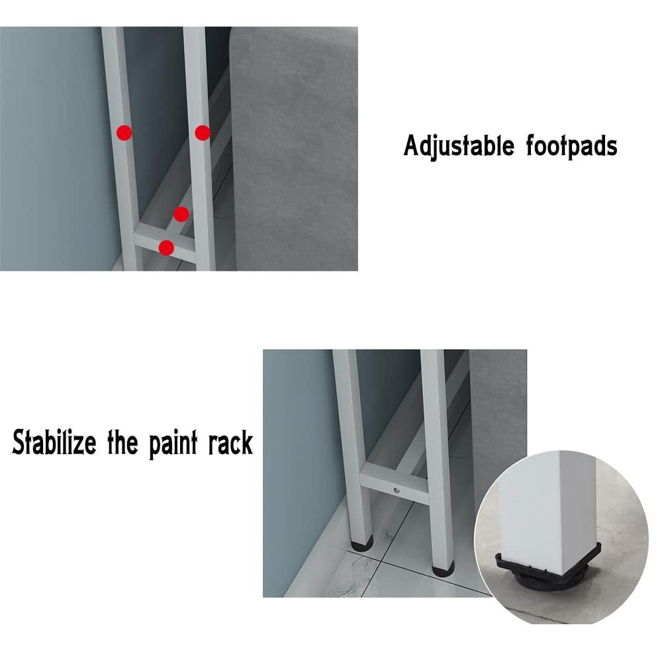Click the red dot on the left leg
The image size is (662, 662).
click(124, 132)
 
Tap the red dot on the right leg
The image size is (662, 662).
click(203, 132)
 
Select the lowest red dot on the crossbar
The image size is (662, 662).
click(167, 248)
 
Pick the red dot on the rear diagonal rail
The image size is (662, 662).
click(181, 213)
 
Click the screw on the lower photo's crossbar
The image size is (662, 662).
click(396, 490)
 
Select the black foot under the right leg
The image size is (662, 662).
click(442, 567)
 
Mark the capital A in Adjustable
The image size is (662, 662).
click(412, 146)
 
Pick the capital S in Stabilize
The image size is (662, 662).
click(20, 442)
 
